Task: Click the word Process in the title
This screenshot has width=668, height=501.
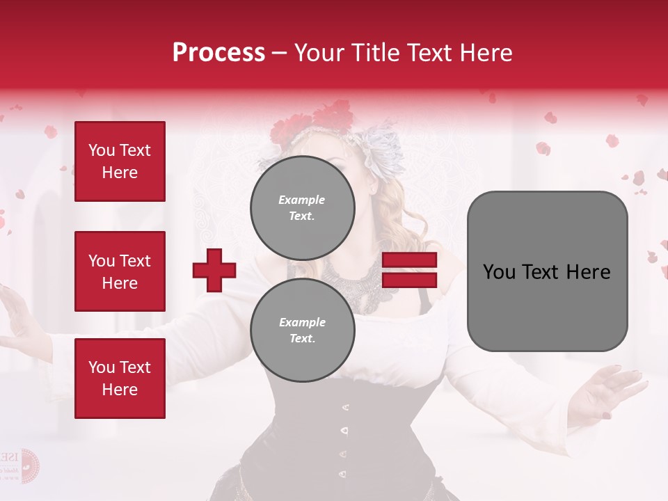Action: pyautogui.click(x=218, y=53)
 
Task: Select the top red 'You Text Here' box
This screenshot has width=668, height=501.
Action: pyautogui.click(x=120, y=161)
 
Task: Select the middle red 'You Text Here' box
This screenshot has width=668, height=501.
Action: pyautogui.click(x=120, y=271)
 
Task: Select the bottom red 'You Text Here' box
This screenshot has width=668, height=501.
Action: pyautogui.click(x=120, y=378)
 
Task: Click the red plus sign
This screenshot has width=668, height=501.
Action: pyautogui.click(x=214, y=270)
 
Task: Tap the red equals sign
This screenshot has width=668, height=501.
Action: pyautogui.click(x=409, y=270)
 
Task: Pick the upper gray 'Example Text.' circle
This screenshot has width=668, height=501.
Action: pyautogui.click(x=302, y=207)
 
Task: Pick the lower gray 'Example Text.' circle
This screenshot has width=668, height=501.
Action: pyautogui.click(x=302, y=330)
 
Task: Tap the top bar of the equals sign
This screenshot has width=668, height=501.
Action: pyautogui.click(x=409, y=260)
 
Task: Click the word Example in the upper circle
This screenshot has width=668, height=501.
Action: pyautogui.click(x=302, y=200)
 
